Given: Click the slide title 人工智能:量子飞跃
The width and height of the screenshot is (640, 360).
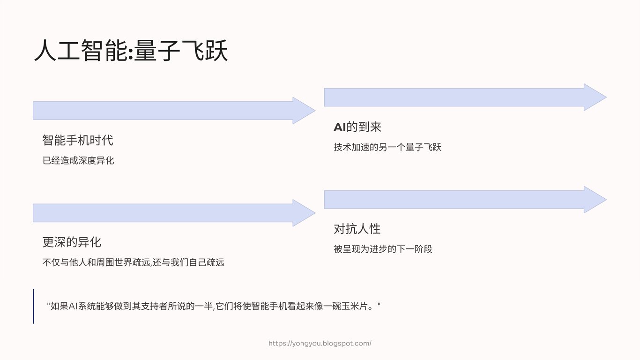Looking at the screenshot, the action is (x=131, y=51).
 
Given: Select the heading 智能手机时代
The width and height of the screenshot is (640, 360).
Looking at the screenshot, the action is (x=78, y=140).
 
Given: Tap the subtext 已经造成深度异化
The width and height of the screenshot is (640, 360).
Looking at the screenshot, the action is (x=78, y=161).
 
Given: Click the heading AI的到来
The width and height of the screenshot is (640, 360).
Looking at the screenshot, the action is (x=357, y=127).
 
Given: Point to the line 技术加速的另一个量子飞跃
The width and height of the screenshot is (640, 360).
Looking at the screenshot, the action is (x=387, y=148).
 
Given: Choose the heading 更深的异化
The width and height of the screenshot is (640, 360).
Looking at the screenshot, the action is (x=72, y=242).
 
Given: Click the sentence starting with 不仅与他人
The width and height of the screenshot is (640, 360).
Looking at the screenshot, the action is (x=133, y=262).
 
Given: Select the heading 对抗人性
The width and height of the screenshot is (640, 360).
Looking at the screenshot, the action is (x=357, y=229).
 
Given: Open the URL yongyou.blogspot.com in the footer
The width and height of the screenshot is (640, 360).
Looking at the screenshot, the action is (x=320, y=344).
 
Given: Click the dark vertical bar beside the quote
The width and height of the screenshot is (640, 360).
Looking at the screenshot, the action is (x=34, y=307).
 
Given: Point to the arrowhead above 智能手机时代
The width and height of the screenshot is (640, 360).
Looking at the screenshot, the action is (x=303, y=111).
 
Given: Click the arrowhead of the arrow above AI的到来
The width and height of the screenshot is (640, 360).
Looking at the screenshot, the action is (x=595, y=97).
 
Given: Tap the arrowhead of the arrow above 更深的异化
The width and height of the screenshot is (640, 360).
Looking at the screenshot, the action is (x=303, y=213).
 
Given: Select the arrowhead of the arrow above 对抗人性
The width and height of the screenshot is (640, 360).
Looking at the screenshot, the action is (x=595, y=200).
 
